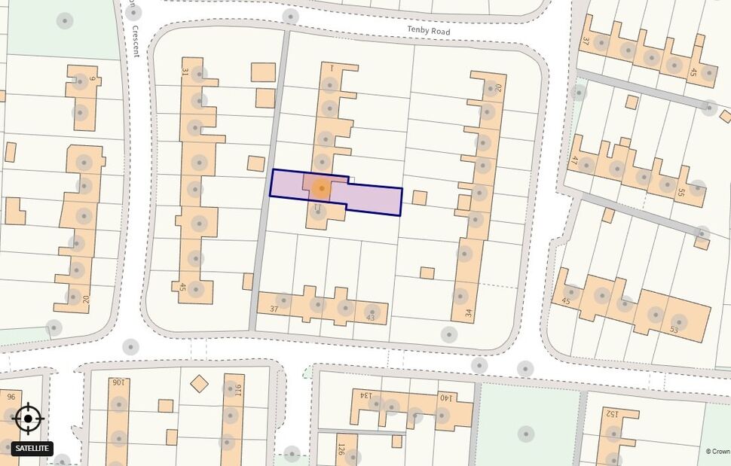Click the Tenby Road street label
[429, 31]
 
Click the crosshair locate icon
[29, 419]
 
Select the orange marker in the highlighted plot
[322, 188]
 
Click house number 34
[469, 313]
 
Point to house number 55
[681, 193]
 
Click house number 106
[118, 382]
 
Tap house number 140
[445, 398]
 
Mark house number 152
[613, 413]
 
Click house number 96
[11, 397]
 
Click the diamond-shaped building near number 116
[199, 384]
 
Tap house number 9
[93, 78]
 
